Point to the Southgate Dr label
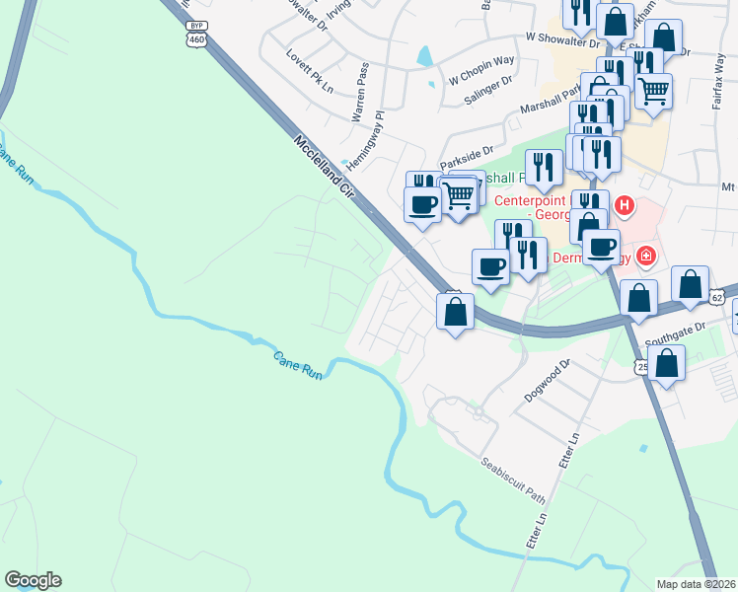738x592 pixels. point(676,334)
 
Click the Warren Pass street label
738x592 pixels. point(360,92)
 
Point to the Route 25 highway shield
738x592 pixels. point(641,366)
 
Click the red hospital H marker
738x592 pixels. point(624,206)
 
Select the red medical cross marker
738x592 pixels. point(646,257)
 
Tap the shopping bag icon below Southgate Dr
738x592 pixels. point(668,362)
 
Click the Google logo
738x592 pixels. point(33,580)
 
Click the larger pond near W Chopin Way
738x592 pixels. point(424,56)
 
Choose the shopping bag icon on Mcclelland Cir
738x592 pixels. point(454,312)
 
